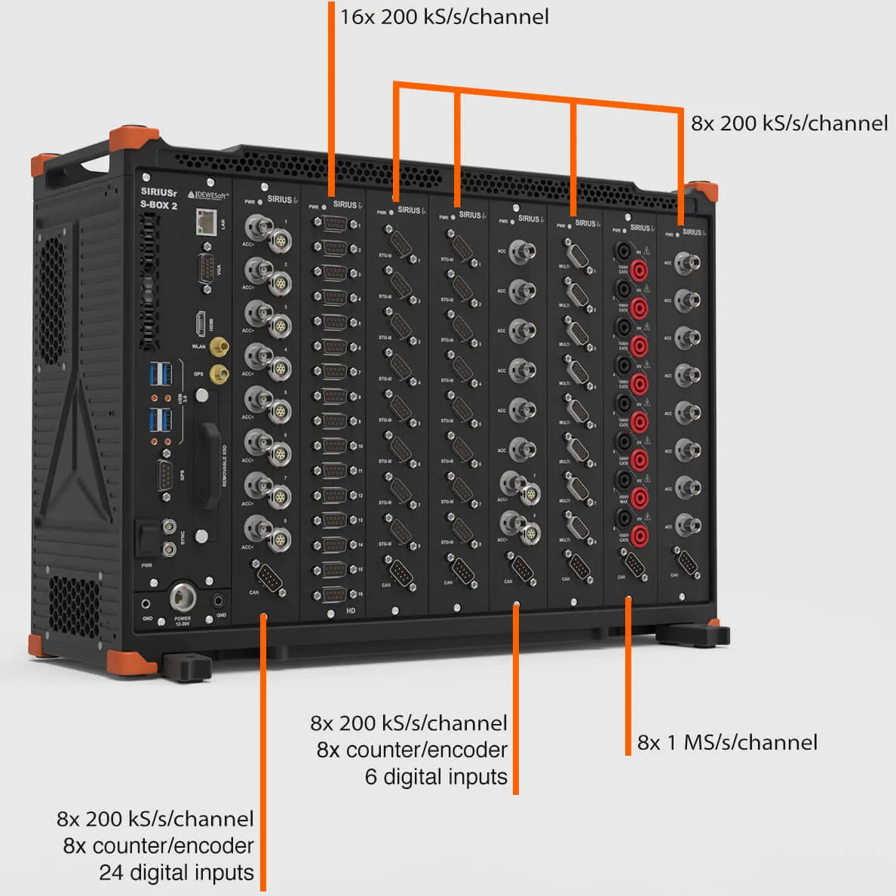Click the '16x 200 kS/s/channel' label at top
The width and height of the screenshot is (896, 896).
pyautogui.click(x=444, y=17)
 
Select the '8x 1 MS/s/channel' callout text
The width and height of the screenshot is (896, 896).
pyautogui.click(x=727, y=742)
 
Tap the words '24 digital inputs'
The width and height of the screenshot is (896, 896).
pyautogui.click(x=176, y=873)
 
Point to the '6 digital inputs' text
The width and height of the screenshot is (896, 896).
pyautogui.click(x=436, y=777)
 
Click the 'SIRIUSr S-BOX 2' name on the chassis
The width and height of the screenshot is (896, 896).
pyautogui.click(x=158, y=198)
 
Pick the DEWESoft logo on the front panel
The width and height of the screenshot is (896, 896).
pyautogui.click(x=208, y=195)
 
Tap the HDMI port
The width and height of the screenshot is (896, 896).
pyautogui.click(x=201, y=324)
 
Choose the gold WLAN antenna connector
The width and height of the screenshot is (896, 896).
pyautogui.click(x=219, y=347)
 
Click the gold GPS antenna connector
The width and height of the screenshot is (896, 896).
pyautogui.click(x=219, y=373)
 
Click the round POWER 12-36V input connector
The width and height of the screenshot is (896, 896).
pyautogui.click(x=183, y=598)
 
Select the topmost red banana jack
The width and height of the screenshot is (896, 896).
pyautogui.click(x=640, y=269)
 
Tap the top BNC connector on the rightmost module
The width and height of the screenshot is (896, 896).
pyautogui.click(x=686, y=263)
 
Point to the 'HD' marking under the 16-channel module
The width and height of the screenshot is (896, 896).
pyautogui.click(x=351, y=610)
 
